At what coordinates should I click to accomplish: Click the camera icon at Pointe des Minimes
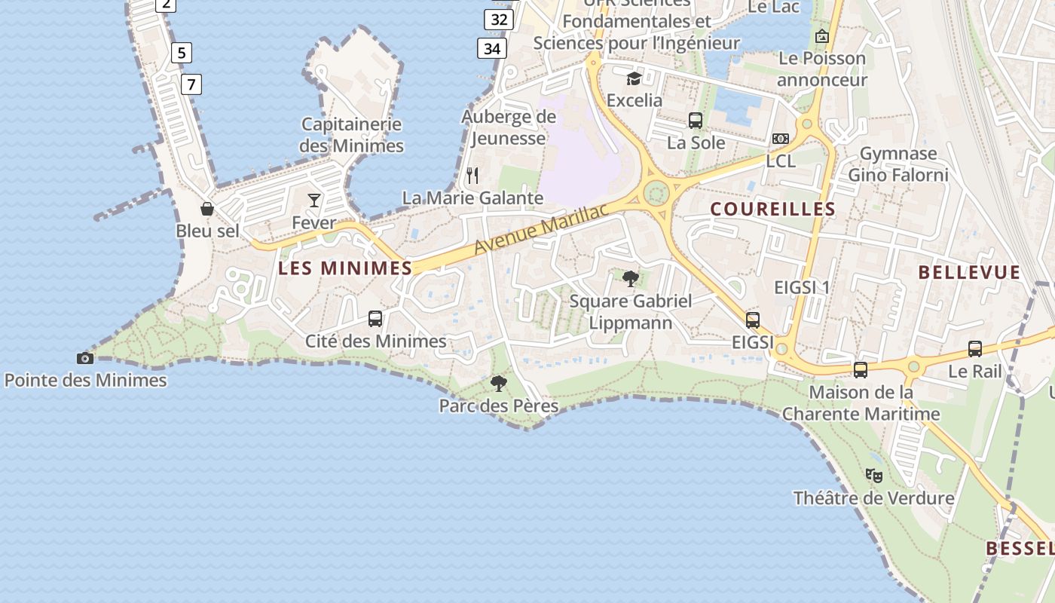point(85,358)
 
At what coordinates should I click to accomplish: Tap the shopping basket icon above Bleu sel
point(207,209)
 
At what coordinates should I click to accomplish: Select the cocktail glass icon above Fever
point(314,200)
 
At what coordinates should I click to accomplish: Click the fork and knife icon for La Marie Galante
point(472,176)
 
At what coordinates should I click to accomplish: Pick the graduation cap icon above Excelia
point(635,78)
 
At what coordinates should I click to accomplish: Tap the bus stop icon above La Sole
point(696,120)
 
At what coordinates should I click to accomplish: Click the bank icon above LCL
point(781,139)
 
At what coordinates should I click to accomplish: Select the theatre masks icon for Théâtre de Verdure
point(874,476)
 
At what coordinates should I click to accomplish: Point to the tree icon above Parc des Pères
point(498,384)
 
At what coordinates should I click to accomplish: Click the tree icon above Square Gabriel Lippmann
point(631,279)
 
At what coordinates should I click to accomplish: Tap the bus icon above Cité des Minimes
point(375,319)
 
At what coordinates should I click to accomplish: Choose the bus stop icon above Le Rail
point(975,349)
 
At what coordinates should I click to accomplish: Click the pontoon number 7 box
point(191,84)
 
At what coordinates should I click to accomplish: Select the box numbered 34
point(492,49)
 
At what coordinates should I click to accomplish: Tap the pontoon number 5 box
point(181,53)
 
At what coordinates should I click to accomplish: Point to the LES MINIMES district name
point(345,268)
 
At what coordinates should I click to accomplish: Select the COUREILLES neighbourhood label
point(773,209)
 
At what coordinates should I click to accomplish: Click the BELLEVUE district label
point(970,272)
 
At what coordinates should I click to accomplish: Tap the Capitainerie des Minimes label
point(351,135)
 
